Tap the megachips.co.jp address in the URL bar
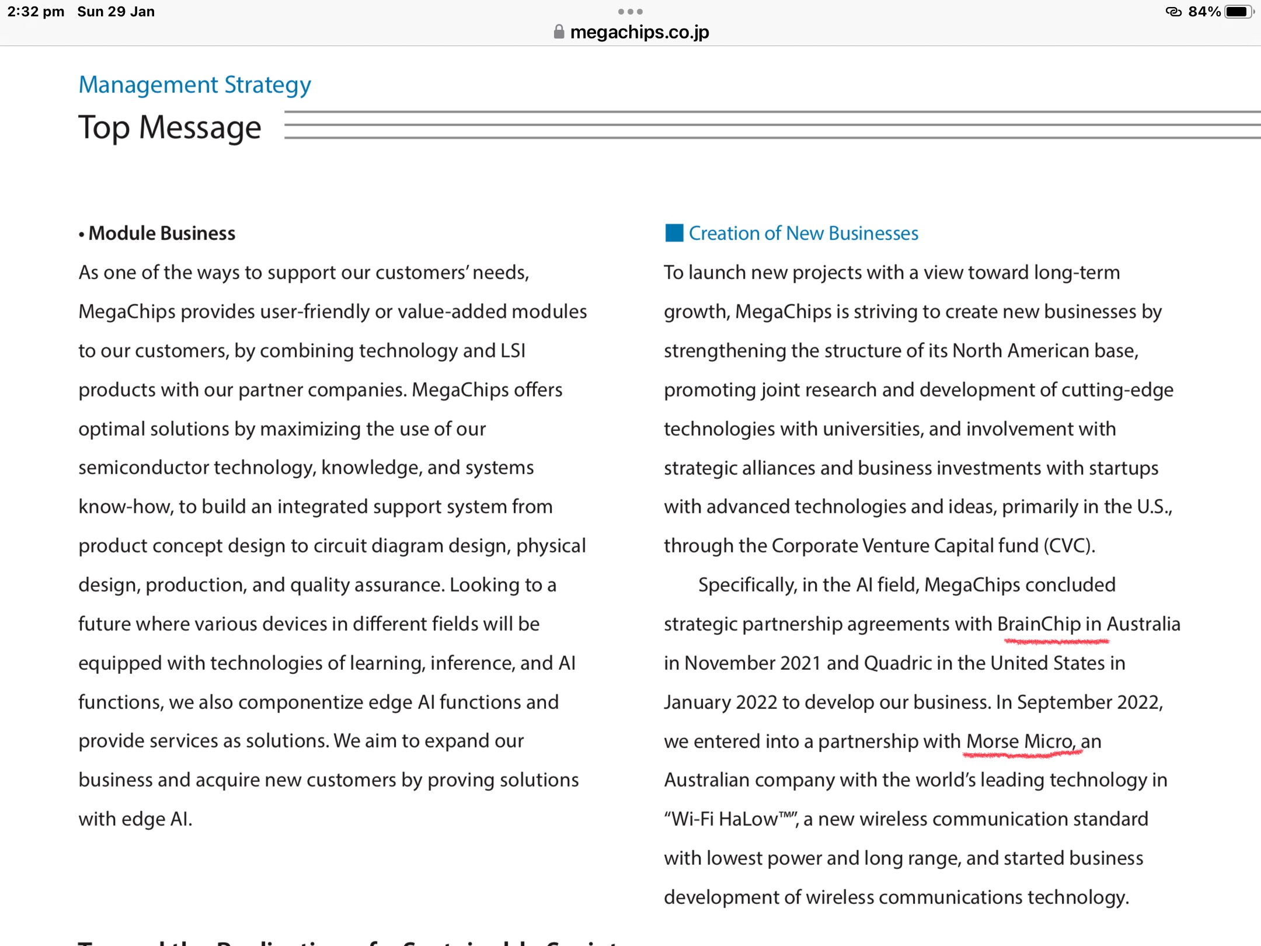point(639,32)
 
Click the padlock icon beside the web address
point(559,32)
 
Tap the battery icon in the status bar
point(1238,12)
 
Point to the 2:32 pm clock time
point(36,12)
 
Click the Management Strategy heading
point(194,85)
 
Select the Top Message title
point(169,127)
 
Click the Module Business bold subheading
point(162,234)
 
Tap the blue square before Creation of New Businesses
point(674,233)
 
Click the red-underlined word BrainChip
point(1039,624)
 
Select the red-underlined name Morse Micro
point(1020,742)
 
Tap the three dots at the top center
point(630,12)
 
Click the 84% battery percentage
point(1204,12)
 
